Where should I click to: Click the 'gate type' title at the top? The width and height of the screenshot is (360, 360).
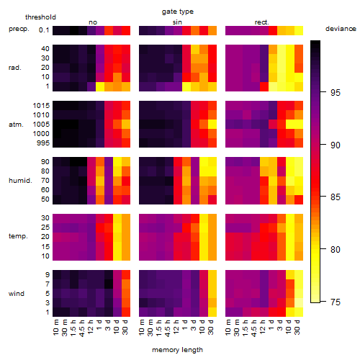(x=178, y=12)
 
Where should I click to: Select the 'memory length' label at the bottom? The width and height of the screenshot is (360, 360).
(x=177, y=350)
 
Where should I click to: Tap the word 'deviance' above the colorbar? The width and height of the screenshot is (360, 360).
(x=341, y=29)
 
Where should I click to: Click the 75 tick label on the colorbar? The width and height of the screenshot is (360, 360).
(x=336, y=302)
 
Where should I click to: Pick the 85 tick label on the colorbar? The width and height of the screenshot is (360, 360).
(x=336, y=197)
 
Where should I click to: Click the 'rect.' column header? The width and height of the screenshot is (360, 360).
(x=262, y=22)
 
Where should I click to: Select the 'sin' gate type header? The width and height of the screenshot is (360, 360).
(x=177, y=22)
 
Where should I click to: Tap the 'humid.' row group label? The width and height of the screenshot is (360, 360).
(x=20, y=181)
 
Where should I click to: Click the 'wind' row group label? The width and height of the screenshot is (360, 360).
(x=17, y=294)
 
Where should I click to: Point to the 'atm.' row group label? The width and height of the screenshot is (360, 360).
(x=16, y=125)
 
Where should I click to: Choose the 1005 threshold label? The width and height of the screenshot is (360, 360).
(x=41, y=125)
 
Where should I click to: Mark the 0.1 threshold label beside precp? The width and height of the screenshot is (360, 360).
(x=44, y=30)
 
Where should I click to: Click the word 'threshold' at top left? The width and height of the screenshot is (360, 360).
(x=40, y=17)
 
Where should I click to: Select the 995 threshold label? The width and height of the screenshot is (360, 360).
(x=43, y=143)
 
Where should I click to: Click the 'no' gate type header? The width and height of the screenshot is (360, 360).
(x=93, y=22)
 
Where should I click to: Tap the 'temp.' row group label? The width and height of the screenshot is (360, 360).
(x=18, y=236)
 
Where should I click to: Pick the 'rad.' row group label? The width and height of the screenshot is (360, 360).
(x=15, y=68)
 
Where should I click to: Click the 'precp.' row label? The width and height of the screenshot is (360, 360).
(x=19, y=30)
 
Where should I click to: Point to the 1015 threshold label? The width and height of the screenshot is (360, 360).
(x=41, y=106)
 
